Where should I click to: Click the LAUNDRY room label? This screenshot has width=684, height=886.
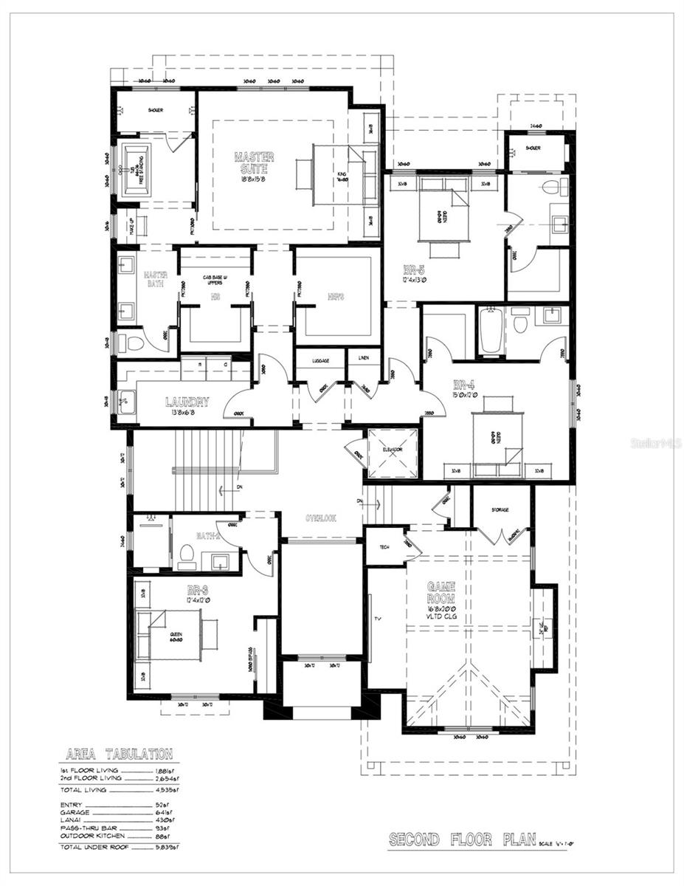pyautogui.click(x=187, y=402)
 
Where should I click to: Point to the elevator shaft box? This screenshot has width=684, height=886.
pyautogui.click(x=392, y=453)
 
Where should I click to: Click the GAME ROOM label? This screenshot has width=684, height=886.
pyautogui.click(x=441, y=591)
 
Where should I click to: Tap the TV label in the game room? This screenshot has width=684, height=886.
pyautogui.click(x=377, y=619)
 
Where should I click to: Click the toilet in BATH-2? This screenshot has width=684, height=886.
pyautogui.click(x=186, y=554)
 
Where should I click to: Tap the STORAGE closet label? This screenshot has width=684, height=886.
pyautogui.click(x=501, y=509)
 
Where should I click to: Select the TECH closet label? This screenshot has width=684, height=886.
pyautogui.click(x=384, y=547)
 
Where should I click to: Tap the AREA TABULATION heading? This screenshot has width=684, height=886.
pyautogui.click(x=120, y=755)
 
